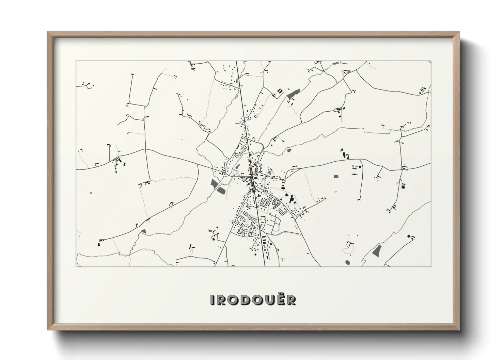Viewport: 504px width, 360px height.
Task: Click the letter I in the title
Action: click(212, 300)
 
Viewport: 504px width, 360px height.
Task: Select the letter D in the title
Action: click(242, 300)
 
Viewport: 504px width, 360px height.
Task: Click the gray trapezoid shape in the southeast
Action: click(377, 250)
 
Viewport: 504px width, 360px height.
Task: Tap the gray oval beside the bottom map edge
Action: click(348, 262)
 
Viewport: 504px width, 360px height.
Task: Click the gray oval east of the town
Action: click(336, 177)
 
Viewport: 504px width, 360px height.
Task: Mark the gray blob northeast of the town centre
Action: click(289, 150)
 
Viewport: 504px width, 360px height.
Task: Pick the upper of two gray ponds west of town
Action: click(214, 184)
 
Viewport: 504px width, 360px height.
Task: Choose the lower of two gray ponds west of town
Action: click(222, 191)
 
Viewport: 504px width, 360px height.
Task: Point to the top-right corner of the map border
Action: click(431, 61)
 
